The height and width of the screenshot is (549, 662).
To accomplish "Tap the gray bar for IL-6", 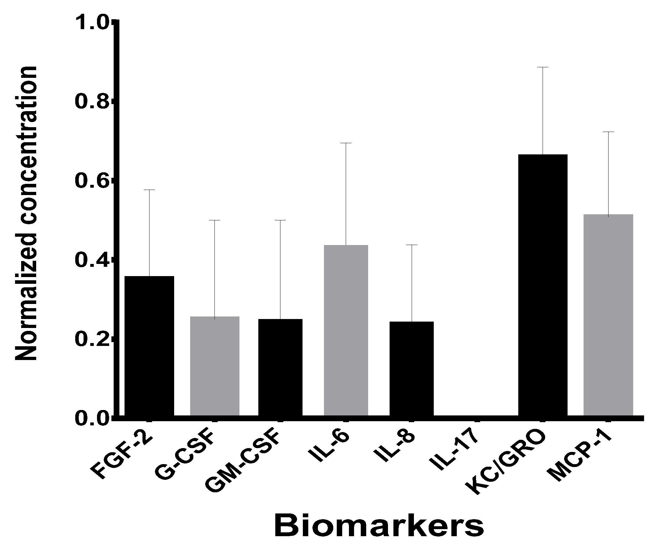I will click(346, 330).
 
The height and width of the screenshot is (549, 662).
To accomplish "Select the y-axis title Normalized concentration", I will click(26, 213).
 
